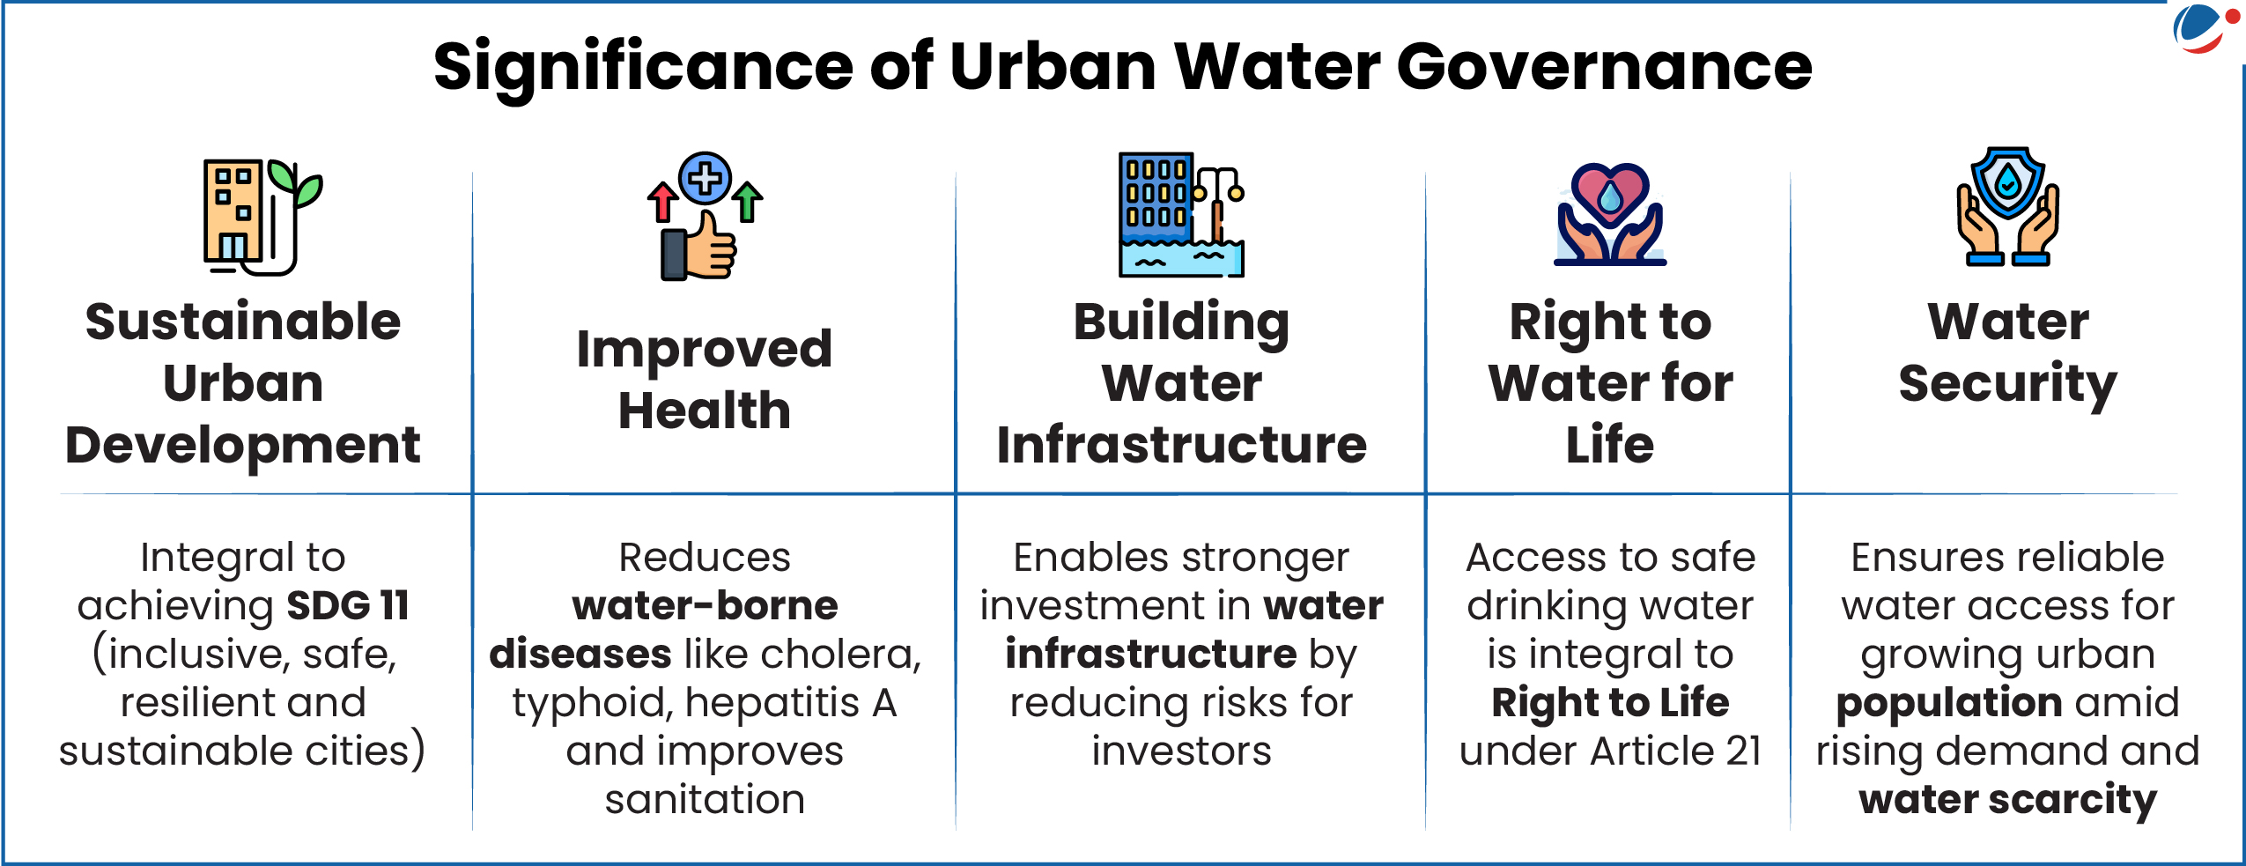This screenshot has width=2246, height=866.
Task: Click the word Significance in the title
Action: pyautogui.click(x=643, y=68)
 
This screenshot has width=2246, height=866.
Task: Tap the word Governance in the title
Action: pyautogui.click(x=1604, y=68)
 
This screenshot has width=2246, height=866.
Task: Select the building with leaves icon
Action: pyautogui.click(x=262, y=217)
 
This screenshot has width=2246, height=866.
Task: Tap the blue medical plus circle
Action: pyautogui.click(x=705, y=179)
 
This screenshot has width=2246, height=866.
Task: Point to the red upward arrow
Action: pyautogui.click(x=662, y=202)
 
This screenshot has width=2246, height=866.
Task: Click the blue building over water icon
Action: pyautogui.click(x=1181, y=215)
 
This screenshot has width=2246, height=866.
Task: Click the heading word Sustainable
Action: pyautogui.click(x=243, y=322)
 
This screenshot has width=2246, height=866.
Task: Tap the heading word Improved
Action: pyautogui.click(x=704, y=351)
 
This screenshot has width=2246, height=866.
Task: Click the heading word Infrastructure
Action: pyautogui.click(x=1181, y=445)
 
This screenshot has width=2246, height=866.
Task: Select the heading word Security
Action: pyautogui.click(x=2007, y=385)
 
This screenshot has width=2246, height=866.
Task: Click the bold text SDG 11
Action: pyautogui.click(x=348, y=606)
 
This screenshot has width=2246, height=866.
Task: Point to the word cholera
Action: pyautogui.click(x=840, y=655)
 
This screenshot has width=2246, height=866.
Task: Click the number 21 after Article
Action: pyautogui.click(x=1743, y=751)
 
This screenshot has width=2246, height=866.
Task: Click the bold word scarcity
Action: pyautogui.click(x=2072, y=801)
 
